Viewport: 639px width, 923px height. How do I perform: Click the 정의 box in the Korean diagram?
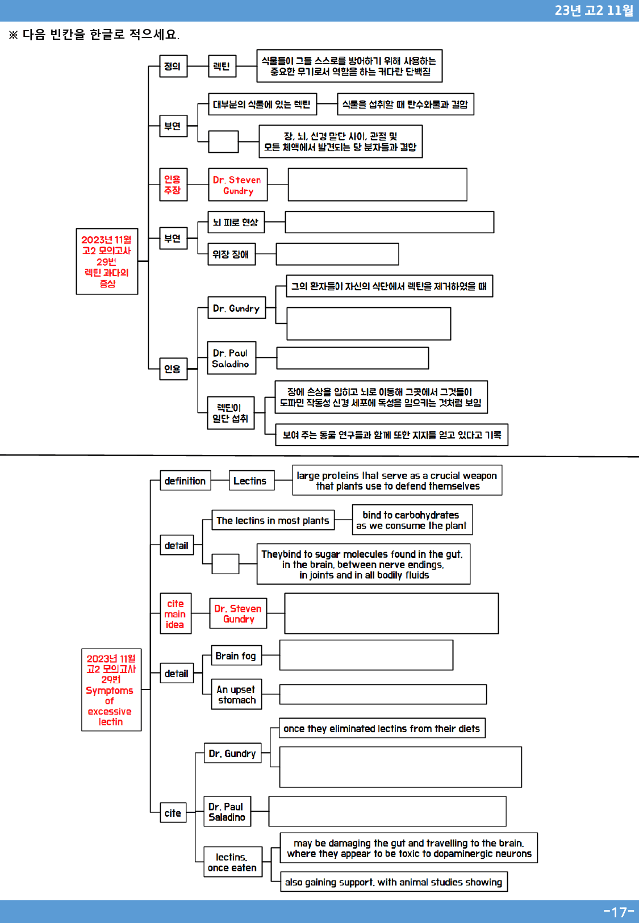coord(173,66)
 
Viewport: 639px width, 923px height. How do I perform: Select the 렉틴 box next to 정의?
coord(222,66)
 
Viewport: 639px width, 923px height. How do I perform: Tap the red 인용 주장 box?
coord(173,184)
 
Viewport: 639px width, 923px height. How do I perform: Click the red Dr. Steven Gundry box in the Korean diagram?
coord(238,184)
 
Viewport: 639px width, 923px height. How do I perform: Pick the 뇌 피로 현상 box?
coord(236,222)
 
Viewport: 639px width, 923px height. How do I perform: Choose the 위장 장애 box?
coord(231,254)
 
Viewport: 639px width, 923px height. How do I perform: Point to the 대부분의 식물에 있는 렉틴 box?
coord(262,104)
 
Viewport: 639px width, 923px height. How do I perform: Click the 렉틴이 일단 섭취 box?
coord(231,413)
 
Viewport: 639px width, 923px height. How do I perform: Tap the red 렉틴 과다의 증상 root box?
coord(107,261)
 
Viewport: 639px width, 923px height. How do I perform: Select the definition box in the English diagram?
coord(185,481)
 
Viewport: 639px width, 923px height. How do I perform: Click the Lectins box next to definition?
coord(251,481)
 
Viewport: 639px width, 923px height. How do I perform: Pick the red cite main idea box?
coord(176,613)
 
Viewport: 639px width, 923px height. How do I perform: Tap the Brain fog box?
coord(236,655)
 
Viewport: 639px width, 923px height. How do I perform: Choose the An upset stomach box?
coord(236,694)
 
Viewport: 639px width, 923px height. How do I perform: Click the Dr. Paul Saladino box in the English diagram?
coord(227,811)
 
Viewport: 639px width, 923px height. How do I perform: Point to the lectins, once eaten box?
coord(233,862)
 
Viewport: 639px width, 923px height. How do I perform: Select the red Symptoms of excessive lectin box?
coord(111,690)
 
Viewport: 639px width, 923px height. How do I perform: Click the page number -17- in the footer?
coord(619,912)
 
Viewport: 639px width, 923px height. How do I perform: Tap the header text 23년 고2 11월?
coord(594,10)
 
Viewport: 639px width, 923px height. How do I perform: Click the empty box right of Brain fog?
coord(366,655)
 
